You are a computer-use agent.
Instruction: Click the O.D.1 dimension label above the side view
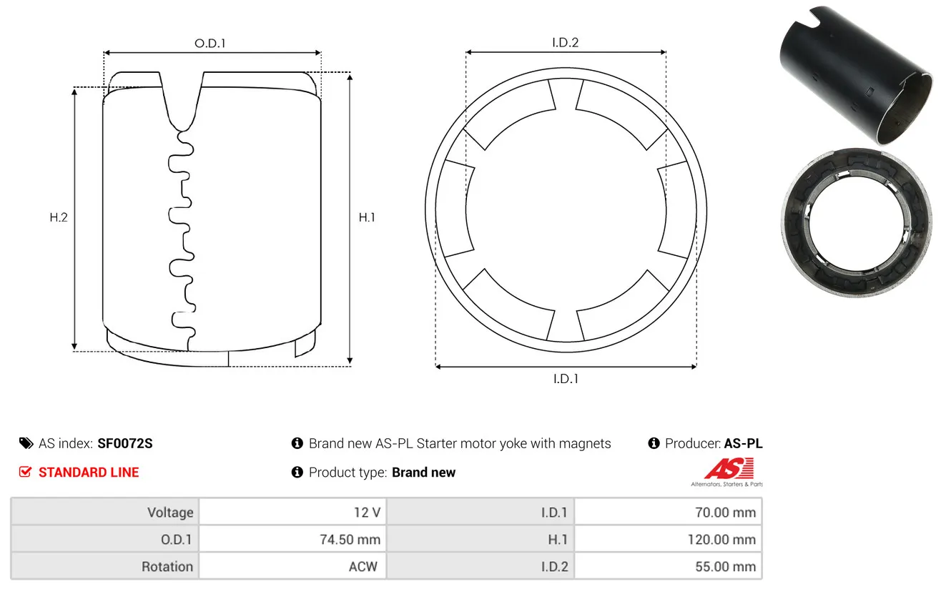[210, 43]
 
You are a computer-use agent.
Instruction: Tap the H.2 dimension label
[59, 217]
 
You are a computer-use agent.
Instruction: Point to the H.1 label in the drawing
[367, 217]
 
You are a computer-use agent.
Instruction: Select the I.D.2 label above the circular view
[565, 42]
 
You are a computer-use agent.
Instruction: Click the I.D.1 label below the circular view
[566, 379]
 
